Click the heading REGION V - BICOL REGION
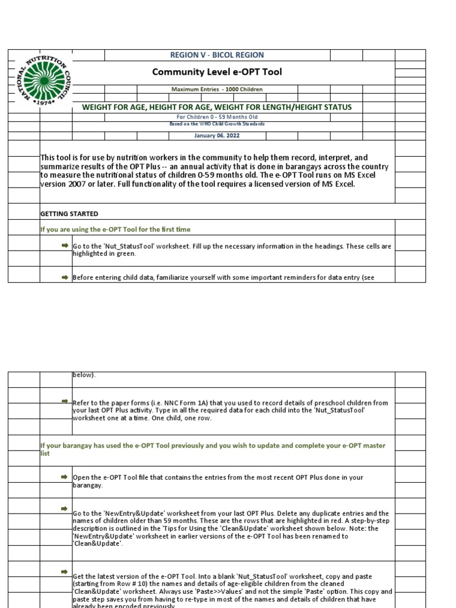[217, 55]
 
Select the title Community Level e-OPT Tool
[217, 72]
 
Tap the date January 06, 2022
[217, 135]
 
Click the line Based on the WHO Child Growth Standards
[217, 124]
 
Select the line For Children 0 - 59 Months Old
[217, 117]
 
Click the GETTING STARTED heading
[69, 214]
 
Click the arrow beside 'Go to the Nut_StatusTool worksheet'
[65, 245]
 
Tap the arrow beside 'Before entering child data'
[65, 276]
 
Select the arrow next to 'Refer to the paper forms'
[65, 402]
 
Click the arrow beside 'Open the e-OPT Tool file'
[65, 477]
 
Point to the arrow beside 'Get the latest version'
[65, 571]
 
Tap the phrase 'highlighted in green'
[104, 254]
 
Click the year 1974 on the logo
[46, 102]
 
